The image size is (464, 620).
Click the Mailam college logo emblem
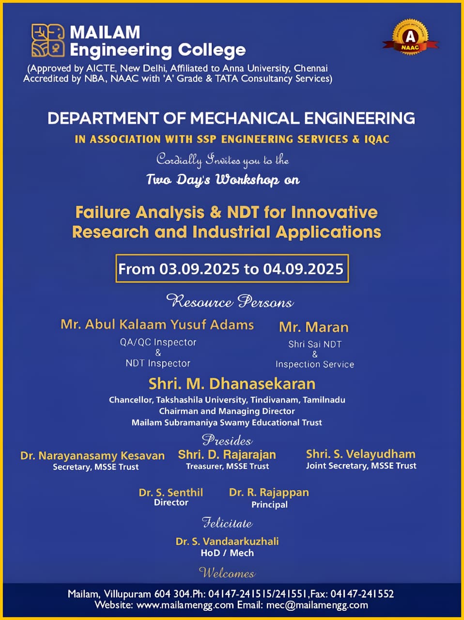coord(48,41)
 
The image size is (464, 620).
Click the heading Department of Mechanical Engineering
coord(232,118)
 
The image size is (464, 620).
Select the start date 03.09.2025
coord(200,269)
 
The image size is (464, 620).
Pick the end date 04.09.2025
coord(303,269)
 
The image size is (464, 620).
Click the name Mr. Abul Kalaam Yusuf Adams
coord(157,325)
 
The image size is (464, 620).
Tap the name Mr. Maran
coord(314,327)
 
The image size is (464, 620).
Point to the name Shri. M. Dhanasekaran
coord(232,384)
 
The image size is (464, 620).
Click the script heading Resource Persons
coord(230,302)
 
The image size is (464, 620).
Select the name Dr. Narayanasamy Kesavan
coord(93,455)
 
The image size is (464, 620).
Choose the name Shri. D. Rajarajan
coord(227,454)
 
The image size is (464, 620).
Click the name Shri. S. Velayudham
coord(361,454)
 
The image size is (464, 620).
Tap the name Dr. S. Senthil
coord(171,492)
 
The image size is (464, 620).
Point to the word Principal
coord(269,505)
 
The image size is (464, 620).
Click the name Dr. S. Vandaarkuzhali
coord(227,541)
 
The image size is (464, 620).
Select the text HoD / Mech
coord(227,553)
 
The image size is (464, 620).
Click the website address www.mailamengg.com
coord(185,605)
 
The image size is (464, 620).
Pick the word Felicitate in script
coord(227,523)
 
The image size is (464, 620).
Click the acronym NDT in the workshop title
coord(243,212)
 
